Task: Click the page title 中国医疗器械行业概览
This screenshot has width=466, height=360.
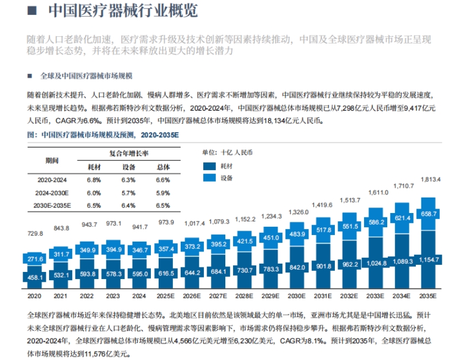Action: click(x=123, y=11)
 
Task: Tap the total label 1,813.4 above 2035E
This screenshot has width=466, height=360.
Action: click(x=430, y=179)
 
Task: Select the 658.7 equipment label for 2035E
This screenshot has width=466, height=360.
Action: click(x=428, y=214)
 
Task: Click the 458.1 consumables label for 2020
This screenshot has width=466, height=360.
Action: click(x=35, y=278)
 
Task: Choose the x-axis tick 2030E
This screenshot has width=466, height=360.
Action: click(x=297, y=296)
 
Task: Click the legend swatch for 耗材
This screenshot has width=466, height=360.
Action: click(x=210, y=165)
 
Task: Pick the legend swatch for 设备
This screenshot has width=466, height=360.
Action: click(x=210, y=178)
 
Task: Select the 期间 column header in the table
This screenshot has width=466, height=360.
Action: click(x=52, y=160)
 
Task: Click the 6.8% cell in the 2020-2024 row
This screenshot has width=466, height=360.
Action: click(x=94, y=180)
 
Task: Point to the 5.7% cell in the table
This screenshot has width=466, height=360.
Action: click(x=129, y=193)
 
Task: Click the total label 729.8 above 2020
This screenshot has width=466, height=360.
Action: click(x=35, y=233)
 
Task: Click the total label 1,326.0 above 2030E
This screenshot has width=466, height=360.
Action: click(x=297, y=212)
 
